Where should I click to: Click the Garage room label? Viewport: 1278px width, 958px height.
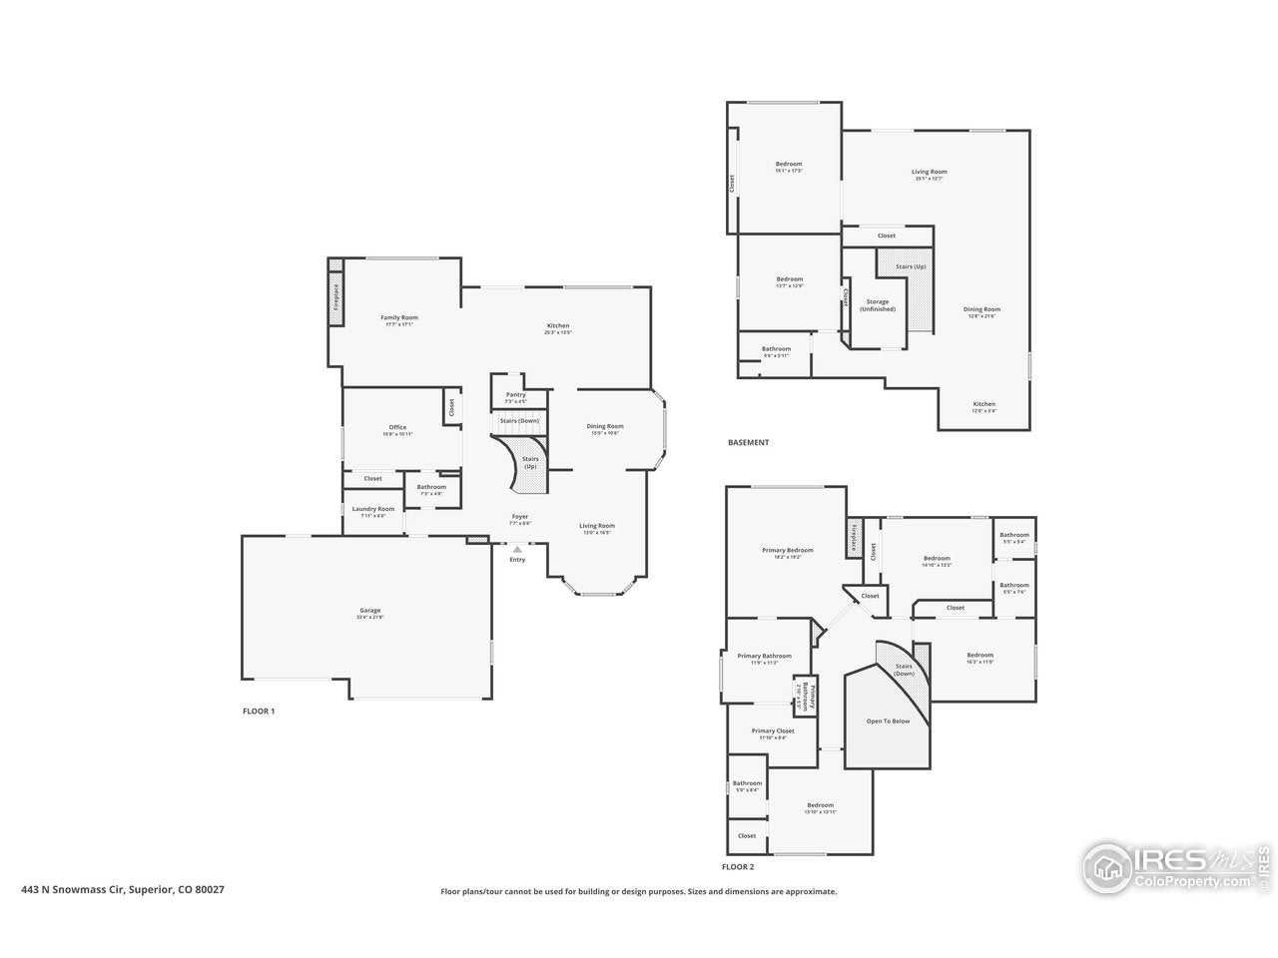tap(370, 611)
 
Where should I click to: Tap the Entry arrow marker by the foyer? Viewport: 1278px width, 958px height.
tap(516, 549)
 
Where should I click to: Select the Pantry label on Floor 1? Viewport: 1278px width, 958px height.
tap(515, 395)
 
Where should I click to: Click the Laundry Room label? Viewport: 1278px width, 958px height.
tap(373, 509)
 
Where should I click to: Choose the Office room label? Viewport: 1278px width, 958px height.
tap(397, 428)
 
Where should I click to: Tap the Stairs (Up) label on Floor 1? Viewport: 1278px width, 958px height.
tap(530, 462)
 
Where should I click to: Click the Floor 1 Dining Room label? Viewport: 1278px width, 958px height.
tap(606, 427)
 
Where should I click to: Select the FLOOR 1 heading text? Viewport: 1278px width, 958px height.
tap(259, 712)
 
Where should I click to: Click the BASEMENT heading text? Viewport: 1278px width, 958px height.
tap(749, 443)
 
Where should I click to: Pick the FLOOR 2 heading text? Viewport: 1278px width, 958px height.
tap(739, 867)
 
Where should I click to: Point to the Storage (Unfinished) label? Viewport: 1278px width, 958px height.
tap(878, 305)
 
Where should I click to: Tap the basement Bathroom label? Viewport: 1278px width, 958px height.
tap(777, 349)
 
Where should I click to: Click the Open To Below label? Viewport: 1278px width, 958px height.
tap(888, 721)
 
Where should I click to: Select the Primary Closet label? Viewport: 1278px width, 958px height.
tap(773, 731)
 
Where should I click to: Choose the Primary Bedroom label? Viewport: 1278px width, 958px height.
tap(788, 551)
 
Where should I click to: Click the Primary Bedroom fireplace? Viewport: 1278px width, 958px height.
tap(854, 537)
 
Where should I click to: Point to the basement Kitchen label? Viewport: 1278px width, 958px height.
tap(984, 405)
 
